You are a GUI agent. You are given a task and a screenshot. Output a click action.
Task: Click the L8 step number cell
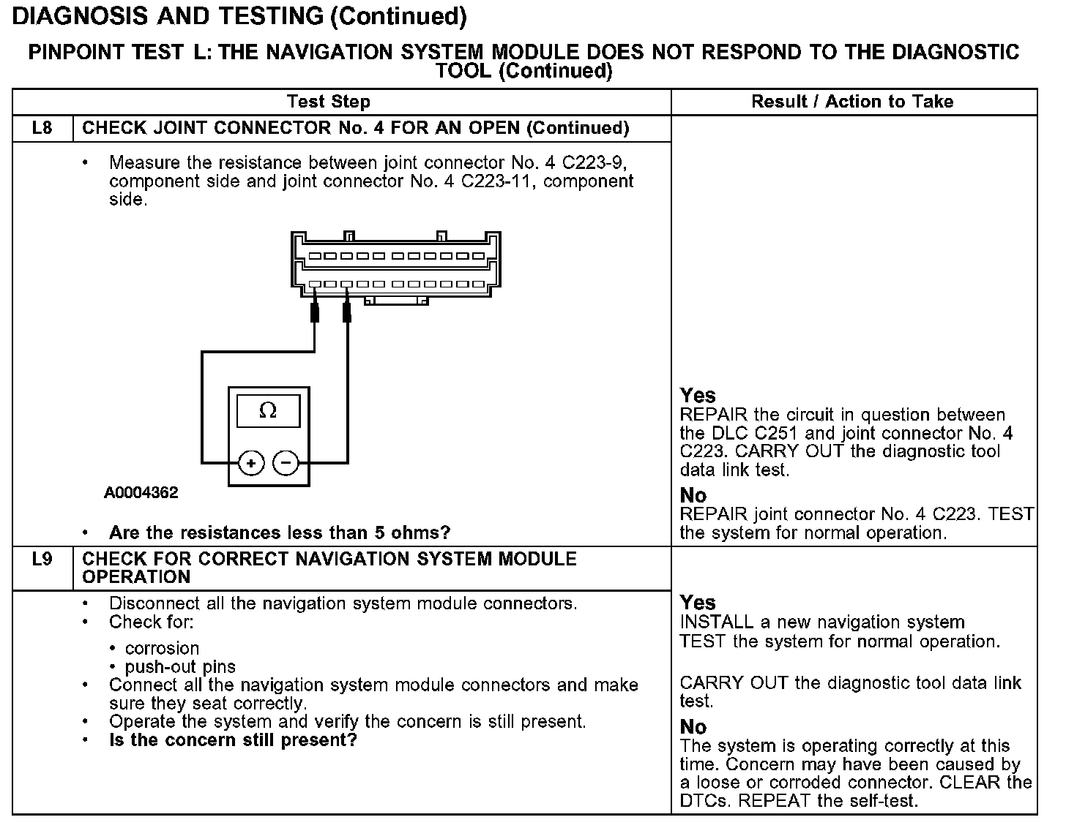[x=42, y=129]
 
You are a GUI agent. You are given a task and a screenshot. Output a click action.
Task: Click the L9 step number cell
[x=42, y=560]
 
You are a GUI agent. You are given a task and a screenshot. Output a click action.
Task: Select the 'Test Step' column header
[x=329, y=102]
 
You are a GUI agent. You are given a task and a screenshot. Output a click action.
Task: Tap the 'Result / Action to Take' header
[x=852, y=102]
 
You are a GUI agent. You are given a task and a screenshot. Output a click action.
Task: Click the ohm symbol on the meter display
[x=268, y=411]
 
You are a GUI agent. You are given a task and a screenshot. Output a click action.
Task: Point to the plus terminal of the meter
[x=251, y=463]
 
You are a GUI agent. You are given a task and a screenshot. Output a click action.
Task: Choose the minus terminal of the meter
[x=286, y=463]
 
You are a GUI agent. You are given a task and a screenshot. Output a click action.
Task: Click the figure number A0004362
[x=141, y=493]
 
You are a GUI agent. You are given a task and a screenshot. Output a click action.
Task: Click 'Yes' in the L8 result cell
[x=698, y=396]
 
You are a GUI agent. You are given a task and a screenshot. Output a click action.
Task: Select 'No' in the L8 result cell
[x=693, y=495]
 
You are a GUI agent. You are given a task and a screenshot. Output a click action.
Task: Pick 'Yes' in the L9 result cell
[x=698, y=603]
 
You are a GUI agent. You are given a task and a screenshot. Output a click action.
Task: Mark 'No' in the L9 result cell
[x=693, y=727]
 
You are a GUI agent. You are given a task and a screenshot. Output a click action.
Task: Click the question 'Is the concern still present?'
[x=233, y=740]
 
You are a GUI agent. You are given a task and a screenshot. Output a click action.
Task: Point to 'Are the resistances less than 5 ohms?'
[x=280, y=532]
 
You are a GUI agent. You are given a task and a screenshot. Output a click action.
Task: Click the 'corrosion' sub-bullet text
[x=162, y=648]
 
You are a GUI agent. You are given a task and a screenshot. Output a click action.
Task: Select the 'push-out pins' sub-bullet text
[x=180, y=667]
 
